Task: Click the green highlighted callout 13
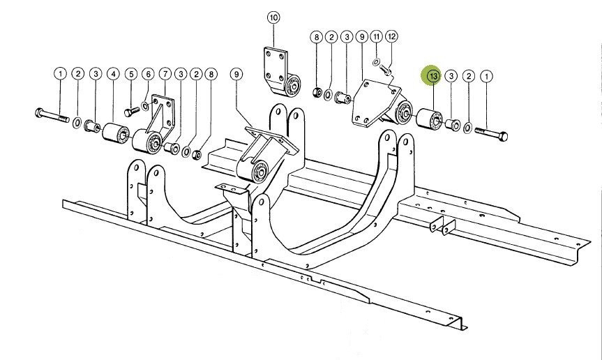tap(432, 75)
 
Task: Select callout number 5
tap(130, 73)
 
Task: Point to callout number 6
tap(147, 73)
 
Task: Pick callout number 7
tap(165, 73)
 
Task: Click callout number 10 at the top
tap(272, 17)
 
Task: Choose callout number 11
tap(377, 36)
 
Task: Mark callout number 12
tap(392, 36)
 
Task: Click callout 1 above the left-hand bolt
tap(60, 73)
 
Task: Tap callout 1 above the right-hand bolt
tap(486, 75)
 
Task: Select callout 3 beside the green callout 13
tap(451, 75)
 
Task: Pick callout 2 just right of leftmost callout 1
tap(78, 73)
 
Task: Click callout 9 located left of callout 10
tap(236, 73)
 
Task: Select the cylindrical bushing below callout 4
tap(116, 132)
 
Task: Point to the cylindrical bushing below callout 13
tap(427, 119)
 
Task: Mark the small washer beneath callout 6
tap(144, 105)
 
